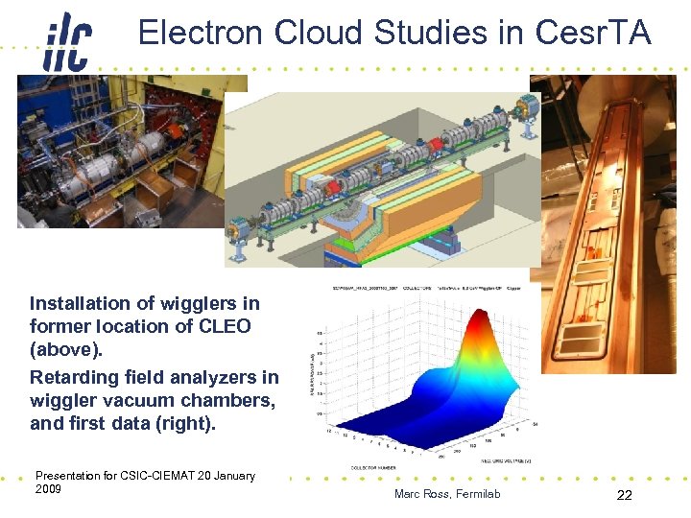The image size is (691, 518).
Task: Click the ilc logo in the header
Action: click(67, 40)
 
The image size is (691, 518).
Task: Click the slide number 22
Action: click(625, 495)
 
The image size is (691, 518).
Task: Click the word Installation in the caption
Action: click(78, 303)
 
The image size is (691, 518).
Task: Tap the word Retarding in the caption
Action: click(75, 377)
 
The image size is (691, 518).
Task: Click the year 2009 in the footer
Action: click(48, 489)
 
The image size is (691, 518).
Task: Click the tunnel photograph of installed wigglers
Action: click(120, 152)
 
